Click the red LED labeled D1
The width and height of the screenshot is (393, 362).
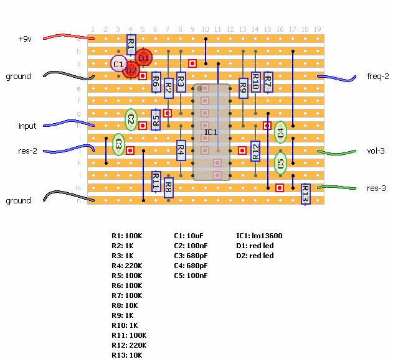143,58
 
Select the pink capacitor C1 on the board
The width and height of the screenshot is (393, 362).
118,63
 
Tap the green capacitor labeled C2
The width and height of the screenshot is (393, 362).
131,119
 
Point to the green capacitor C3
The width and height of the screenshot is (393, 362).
118,144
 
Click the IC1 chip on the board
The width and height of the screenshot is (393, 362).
211,132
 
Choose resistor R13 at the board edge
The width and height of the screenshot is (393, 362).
305,194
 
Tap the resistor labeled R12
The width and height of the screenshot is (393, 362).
255,151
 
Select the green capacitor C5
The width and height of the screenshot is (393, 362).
280,164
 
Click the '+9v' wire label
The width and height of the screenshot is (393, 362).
25,39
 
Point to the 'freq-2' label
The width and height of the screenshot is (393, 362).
378,77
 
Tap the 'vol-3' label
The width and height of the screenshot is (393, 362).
376,151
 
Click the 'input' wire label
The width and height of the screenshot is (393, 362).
27,126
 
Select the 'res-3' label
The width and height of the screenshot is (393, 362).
376,188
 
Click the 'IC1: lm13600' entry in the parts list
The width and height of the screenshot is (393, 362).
258,236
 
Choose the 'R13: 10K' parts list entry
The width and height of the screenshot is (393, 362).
127,355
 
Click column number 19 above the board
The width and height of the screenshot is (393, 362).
317,29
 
